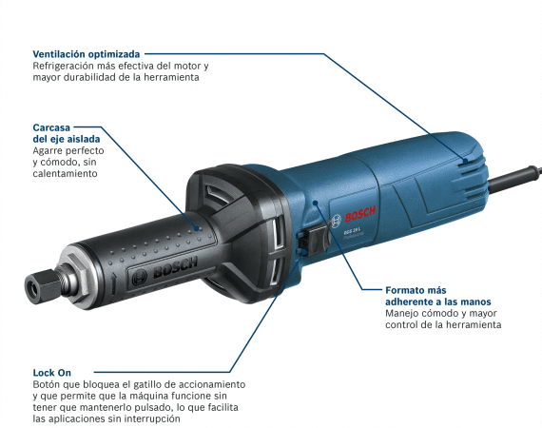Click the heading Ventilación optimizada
coord(87,54)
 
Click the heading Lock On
coord(52,373)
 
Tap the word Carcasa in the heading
coord(51,127)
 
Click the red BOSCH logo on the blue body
coord(360,214)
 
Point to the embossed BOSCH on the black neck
coord(175,267)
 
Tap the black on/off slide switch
coord(319,239)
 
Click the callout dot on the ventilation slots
coord(466,161)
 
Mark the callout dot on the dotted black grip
coord(196,228)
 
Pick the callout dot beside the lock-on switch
coord(304,251)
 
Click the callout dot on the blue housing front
coord(315,203)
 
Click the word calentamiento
coord(65,173)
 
